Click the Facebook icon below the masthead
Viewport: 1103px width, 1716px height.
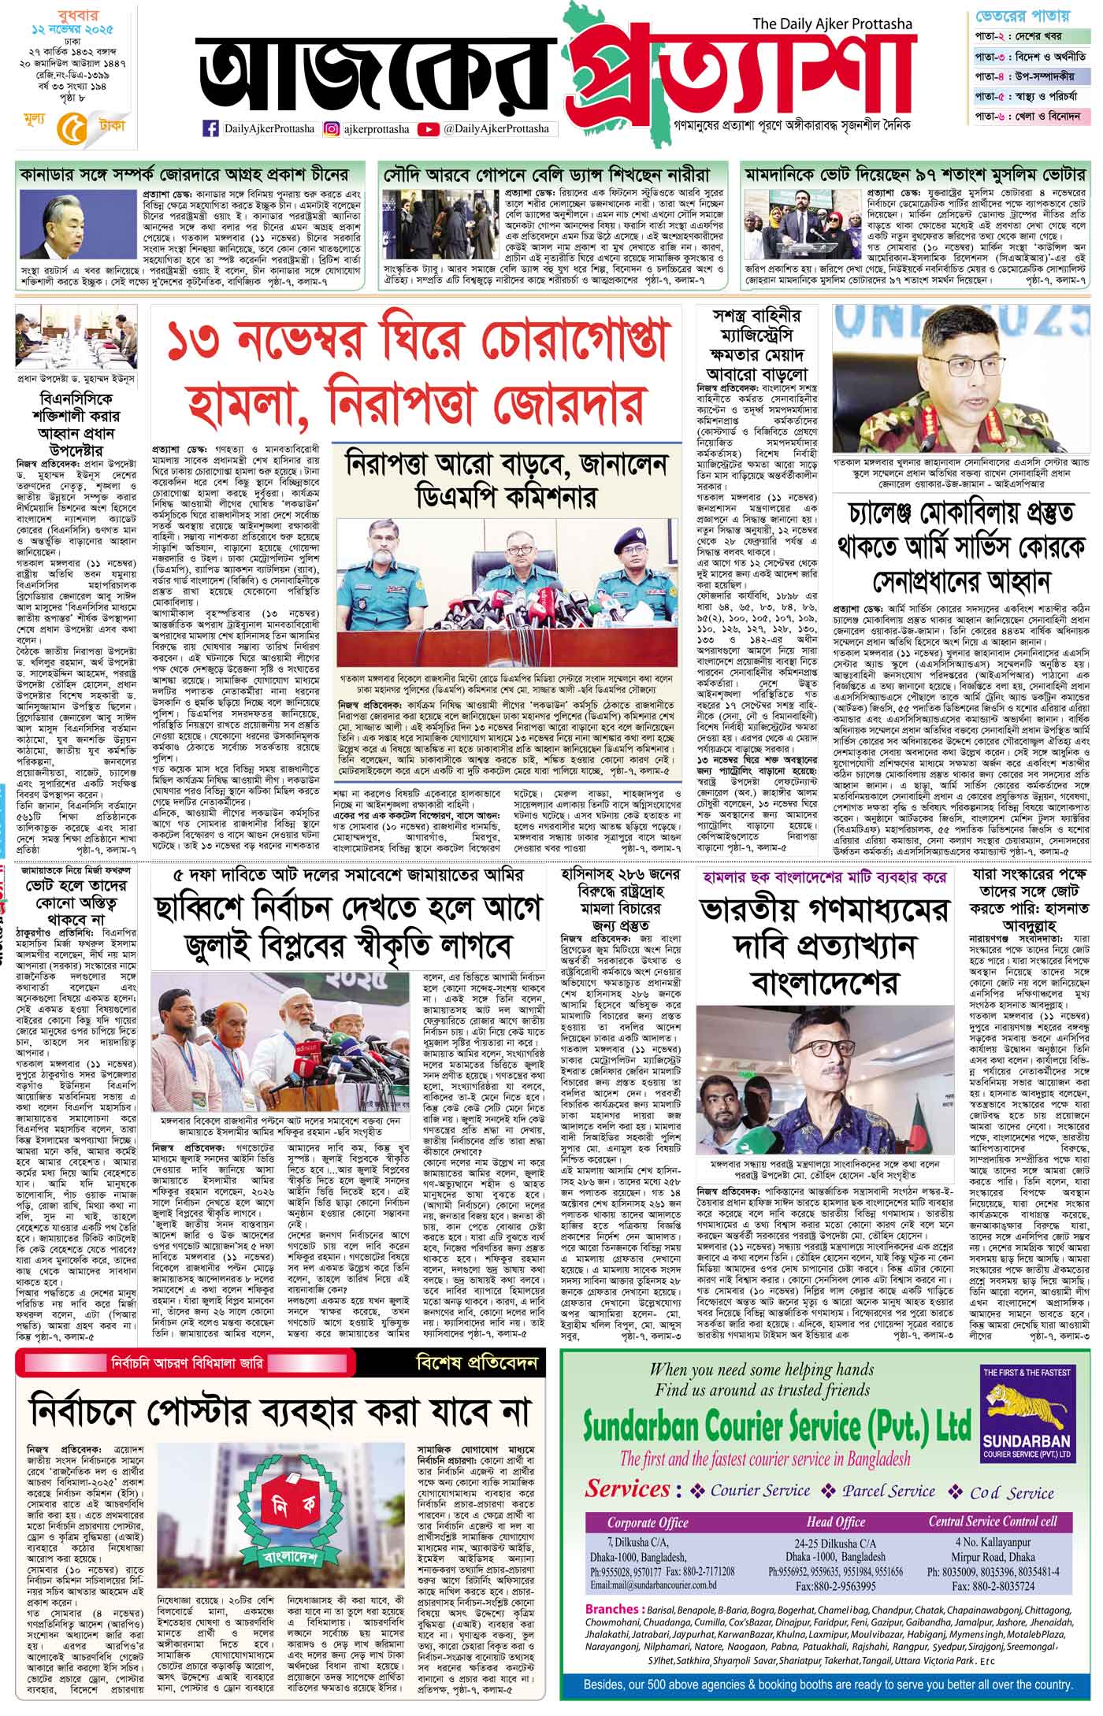tap(210, 128)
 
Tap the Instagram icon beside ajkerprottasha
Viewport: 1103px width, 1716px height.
tap(332, 128)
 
